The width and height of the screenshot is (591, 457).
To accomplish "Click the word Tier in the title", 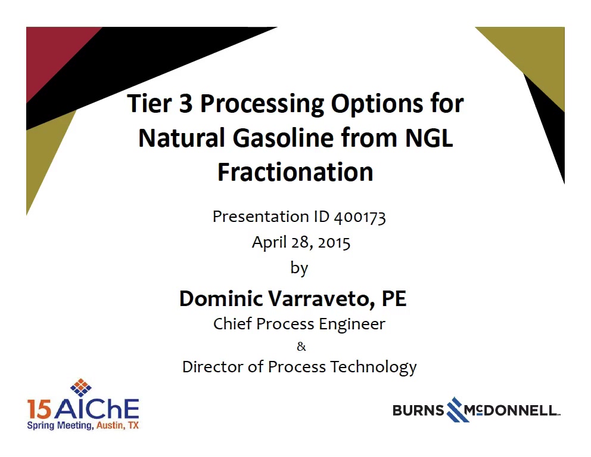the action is [150, 103].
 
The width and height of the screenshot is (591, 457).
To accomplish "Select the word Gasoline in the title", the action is [283, 138].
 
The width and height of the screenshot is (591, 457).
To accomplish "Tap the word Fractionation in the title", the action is [295, 172].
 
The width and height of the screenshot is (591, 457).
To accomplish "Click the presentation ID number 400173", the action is [360, 217].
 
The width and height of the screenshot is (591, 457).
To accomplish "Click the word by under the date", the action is [299, 268].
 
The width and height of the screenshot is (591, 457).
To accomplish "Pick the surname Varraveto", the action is [323, 299].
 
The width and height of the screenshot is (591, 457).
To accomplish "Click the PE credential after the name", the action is [394, 298].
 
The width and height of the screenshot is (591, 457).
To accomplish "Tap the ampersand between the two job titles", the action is [301, 347].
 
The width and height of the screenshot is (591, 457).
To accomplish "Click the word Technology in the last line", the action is [374, 368].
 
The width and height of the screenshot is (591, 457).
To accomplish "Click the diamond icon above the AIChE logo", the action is [81, 388].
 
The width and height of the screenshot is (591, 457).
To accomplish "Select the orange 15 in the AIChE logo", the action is [39, 409].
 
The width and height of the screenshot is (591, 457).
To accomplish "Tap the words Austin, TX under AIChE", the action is [117, 425].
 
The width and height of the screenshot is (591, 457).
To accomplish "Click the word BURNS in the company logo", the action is [418, 410].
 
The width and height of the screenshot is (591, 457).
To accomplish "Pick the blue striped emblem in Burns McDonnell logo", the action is [457, 409].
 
